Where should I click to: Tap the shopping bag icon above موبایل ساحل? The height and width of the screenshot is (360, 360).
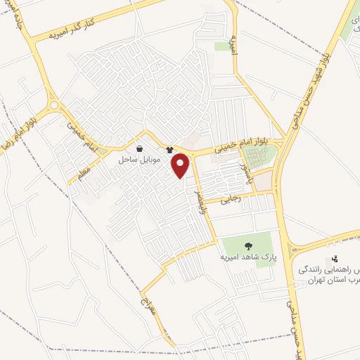click(139, 149)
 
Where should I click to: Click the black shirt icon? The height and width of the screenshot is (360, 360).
click(169, 150)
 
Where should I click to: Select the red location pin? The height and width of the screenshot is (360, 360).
click(181, 165)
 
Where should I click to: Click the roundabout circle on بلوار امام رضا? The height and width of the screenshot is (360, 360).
click(54, 105)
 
